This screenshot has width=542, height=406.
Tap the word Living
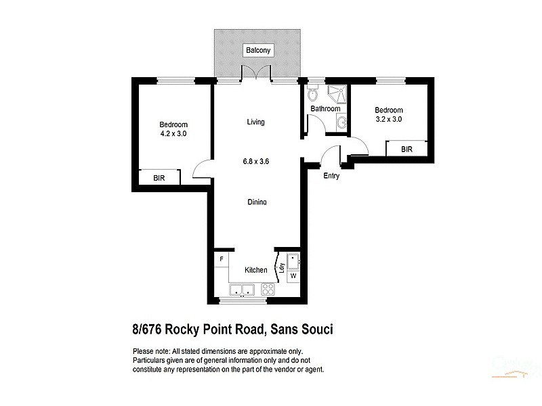coord(255,122)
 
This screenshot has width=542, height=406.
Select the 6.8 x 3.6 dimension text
coord(257,162)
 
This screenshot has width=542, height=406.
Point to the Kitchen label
coord(255,270)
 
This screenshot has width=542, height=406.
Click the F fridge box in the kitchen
coord(221,259)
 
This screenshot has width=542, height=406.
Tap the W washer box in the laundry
coord(293,276)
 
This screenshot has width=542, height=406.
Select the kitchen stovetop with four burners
coord(268,290)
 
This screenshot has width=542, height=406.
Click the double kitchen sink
coord(241,290)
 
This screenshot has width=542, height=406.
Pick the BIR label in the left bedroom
coord(159,179)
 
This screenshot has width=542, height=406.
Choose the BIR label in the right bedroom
coord(406,150)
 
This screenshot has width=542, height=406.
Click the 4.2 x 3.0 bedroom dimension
coord(173,134)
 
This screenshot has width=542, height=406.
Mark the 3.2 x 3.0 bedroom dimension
coord(389,120)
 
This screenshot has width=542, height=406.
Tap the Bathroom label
coord(325,109)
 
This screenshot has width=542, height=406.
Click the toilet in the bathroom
coord(312,94)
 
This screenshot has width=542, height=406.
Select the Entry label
coord(331,176)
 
